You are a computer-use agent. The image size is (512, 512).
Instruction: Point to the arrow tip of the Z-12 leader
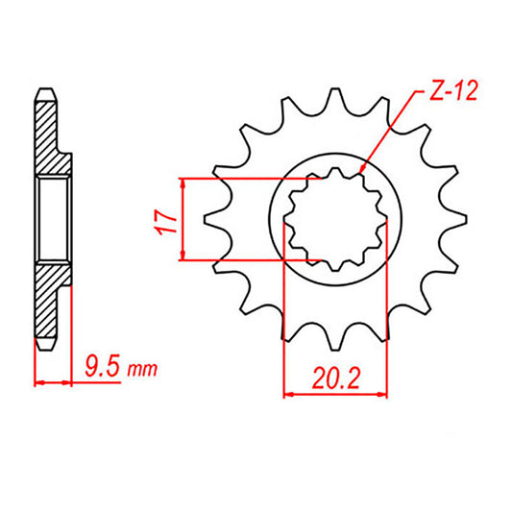pos(357,174)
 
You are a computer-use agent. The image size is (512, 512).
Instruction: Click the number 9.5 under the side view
pos(101,368)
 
